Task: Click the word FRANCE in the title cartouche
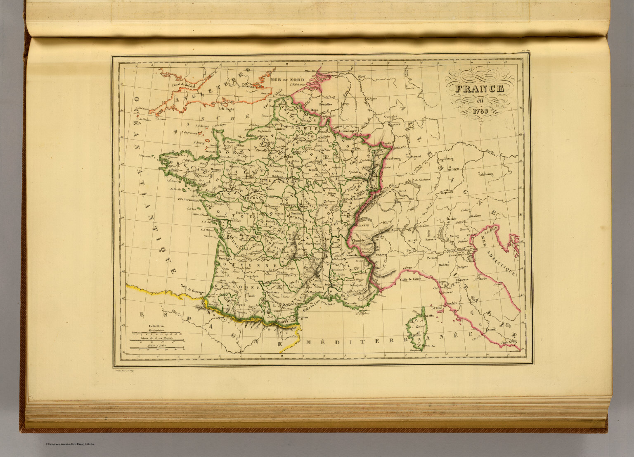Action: pyautogui.click(x=480, y=89)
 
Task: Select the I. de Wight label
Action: pyautogui.click(x=227, y=109)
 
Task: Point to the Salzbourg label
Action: pyautogui.click(x=486, y=174)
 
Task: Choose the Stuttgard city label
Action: pyautogui.click(x=413, y=157)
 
